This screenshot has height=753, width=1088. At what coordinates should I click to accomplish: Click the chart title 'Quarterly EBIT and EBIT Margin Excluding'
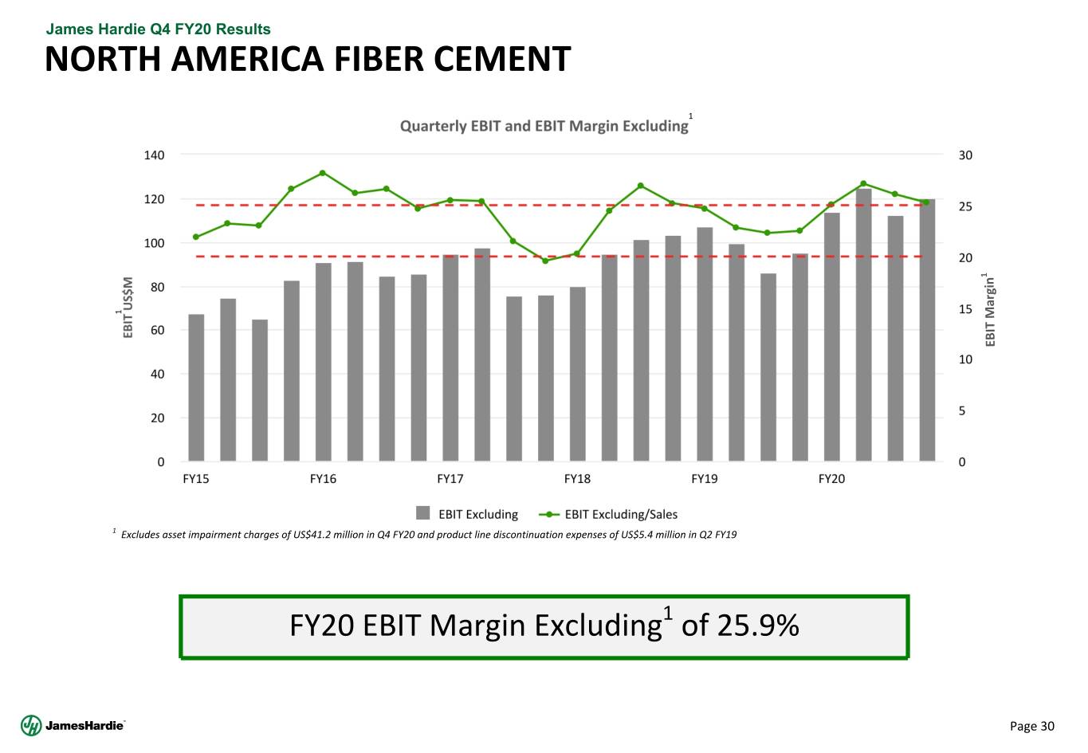point(544,126)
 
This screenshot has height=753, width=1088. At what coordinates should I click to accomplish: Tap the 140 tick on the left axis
point(155,155)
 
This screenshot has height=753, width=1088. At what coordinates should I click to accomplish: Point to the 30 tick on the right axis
point(965,155)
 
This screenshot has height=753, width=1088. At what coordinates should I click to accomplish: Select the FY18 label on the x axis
point(577,479)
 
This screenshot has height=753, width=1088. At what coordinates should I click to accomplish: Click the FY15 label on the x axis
point(196,479)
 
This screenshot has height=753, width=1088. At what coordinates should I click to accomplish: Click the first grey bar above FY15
point(196,387)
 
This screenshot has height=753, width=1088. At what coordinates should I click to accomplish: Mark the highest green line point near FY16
point(323,173)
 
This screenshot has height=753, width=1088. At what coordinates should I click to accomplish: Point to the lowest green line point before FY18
point(545,261)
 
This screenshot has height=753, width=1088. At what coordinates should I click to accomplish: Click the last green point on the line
point(926,202)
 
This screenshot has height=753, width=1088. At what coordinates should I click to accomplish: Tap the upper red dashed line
point(558,205)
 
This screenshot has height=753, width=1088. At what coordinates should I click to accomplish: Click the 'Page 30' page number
point(1032,726)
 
